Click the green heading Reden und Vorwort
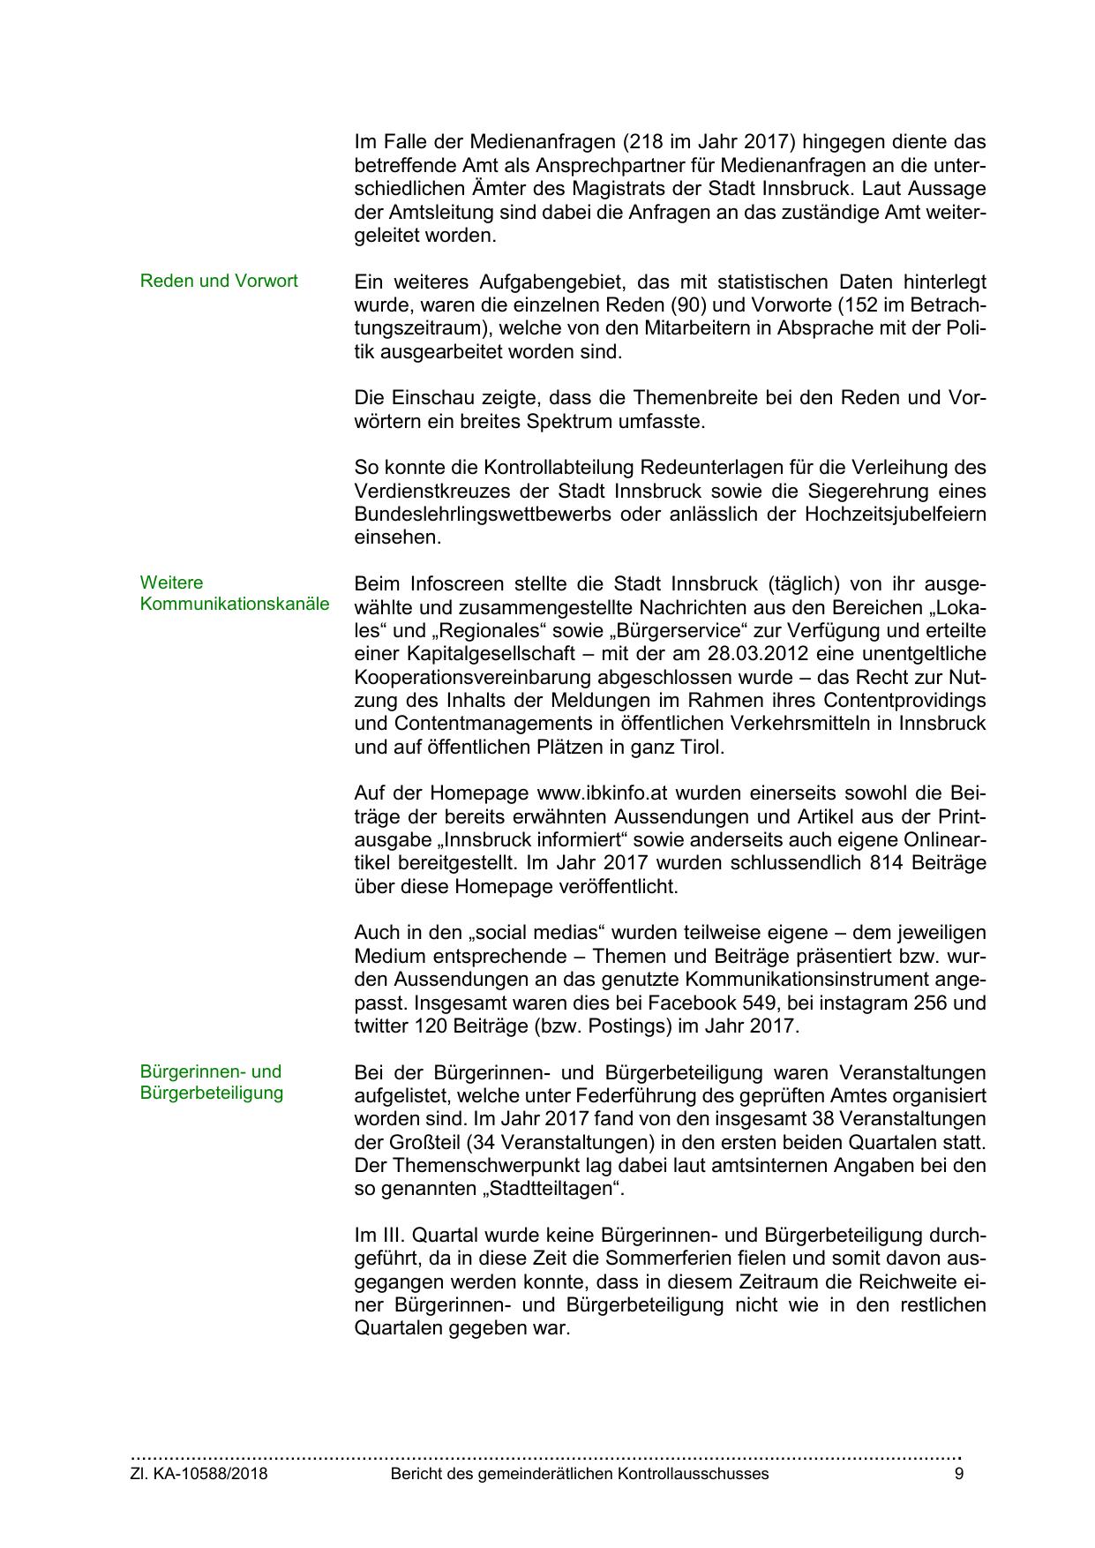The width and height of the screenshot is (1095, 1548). [x=219, y=281]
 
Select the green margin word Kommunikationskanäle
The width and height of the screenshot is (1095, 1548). [x=234, y=605]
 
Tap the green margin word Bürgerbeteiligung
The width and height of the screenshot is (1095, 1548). [x=212, y=1093]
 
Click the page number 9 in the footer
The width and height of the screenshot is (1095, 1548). [x=959, y=1474]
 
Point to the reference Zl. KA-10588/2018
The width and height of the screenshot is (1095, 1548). [x=199, y=1474]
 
